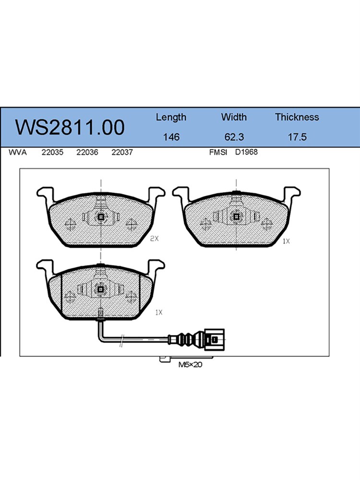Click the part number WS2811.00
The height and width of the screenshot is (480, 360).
tap(70, 127)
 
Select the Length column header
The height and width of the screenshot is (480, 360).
tap(171, 118)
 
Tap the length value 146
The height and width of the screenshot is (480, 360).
tap(171, 137)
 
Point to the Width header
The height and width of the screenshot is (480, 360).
tap(234, 117)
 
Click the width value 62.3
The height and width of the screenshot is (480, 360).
tap(234, 137)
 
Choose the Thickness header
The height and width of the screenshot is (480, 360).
tap(297, 117)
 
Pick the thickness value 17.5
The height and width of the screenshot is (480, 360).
tap(297, 137)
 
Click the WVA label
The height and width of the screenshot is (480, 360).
tap(17, 152)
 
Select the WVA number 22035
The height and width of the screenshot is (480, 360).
tap(52, 152)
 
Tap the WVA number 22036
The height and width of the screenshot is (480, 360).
tap(87, 152)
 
